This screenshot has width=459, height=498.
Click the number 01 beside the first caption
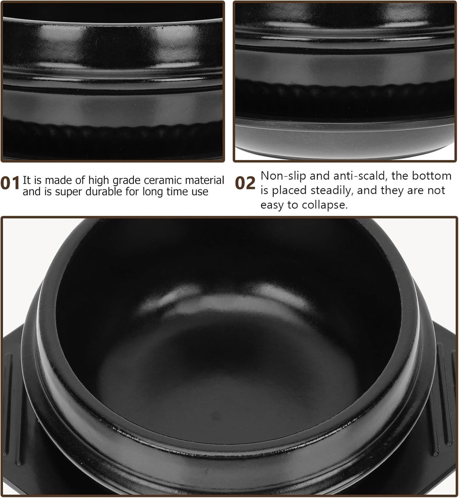(10, 183)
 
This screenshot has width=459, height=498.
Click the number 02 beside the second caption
(245, 183)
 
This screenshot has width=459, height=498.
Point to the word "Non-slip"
(283, 175)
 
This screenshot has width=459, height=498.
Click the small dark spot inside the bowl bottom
(216, 415)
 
